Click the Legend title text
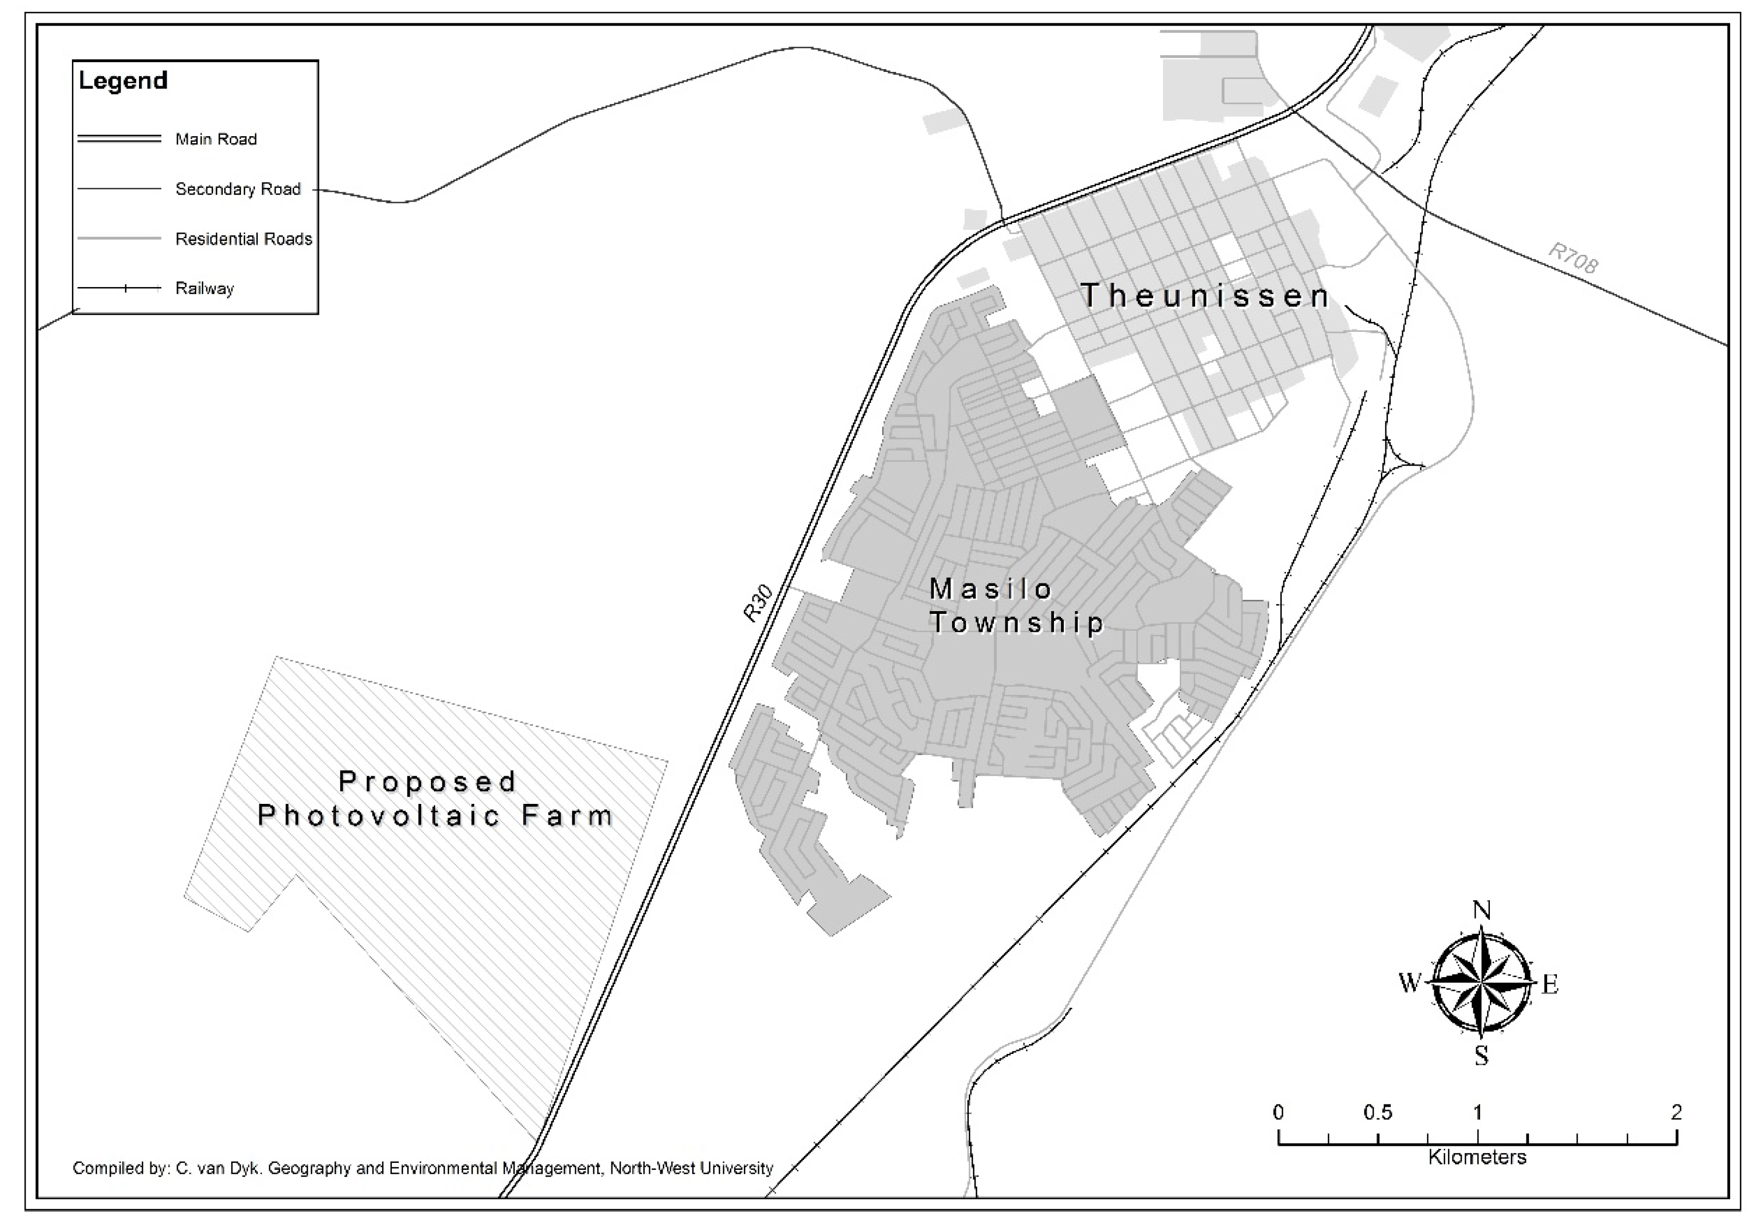[123, 81]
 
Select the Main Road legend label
[216, 139]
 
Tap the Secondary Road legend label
[238, 189]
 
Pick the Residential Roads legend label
[244, 239]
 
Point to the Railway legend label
[204, 289]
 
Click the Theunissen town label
[1204, 296]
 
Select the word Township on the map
[1017, 623]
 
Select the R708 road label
[1573, 259]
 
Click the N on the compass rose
[1482, 911]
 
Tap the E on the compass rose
[1550, 985]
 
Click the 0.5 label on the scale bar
[1378, 1113]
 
